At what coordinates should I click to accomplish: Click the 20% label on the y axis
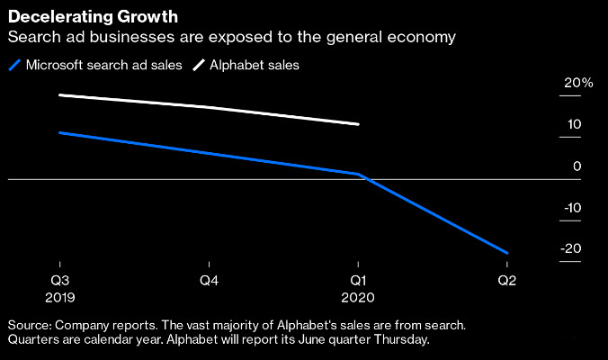[578, 83]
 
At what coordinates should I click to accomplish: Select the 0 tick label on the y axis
[577, 166]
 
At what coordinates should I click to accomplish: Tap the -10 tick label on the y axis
[572, 208]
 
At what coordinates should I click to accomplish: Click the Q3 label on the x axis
[59, 278]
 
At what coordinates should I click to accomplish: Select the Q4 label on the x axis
[209, 278]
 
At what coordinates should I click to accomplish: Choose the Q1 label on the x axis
[358, 278]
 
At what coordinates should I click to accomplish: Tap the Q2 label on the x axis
[507, 278]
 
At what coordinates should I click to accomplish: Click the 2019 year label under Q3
[59, 295]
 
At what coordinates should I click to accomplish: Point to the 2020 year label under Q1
[358, 295]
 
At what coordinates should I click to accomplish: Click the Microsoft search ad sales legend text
[103, 65]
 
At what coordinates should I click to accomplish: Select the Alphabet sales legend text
[255, 65]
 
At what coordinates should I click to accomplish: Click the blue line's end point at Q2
[507, 253]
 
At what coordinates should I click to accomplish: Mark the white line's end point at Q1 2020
[359, 124]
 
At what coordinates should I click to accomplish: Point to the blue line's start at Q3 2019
[59, 132]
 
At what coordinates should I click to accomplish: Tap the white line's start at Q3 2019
[59, 94]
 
